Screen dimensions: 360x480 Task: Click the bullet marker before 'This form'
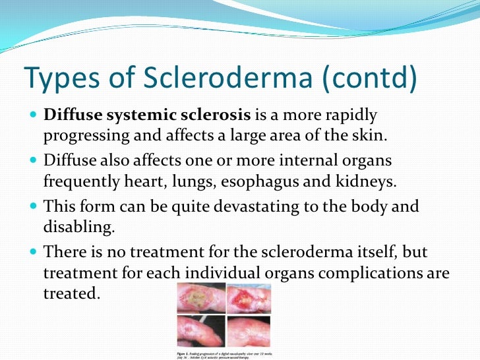(33, 206)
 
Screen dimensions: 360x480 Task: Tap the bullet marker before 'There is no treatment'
(33, 252)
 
